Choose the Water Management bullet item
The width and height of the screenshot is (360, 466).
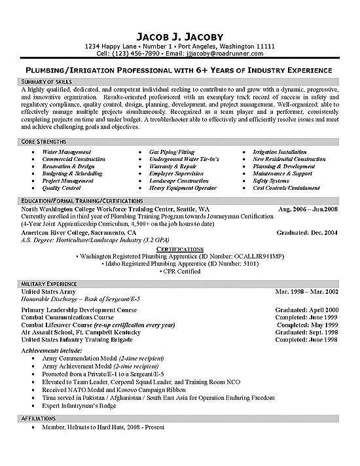pyautogui.click(x=67, y=152)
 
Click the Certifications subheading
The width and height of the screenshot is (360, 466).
pyautogui.click(x=179, y=249)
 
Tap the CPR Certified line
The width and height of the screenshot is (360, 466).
pyautogui.click(x=179, y=270)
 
